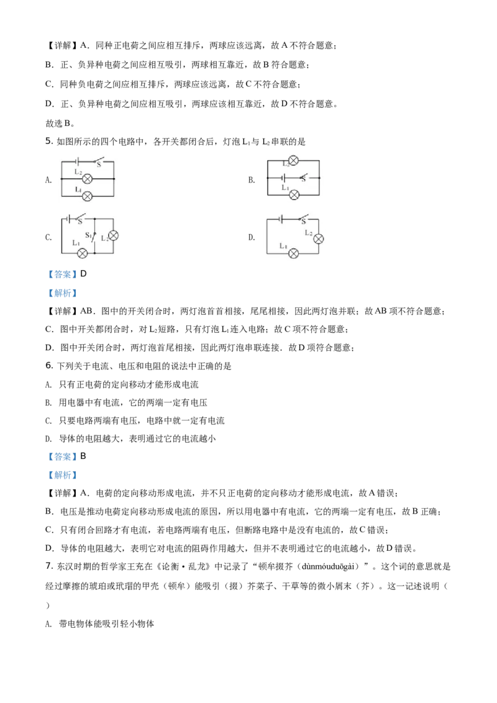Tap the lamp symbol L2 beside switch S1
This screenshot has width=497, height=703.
tap(113, 236)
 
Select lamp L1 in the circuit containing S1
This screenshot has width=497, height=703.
tap(81, 253)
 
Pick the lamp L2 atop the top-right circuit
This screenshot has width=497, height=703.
tap(294, 160)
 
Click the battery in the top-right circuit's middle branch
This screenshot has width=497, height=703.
tap(283, 178)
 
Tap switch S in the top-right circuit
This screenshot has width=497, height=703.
tap(303, 177)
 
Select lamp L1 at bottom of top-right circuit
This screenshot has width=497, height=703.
tap(294, 194)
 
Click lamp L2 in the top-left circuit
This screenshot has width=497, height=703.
tap(88, 178)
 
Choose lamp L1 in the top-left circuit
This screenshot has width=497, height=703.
tap(88, 196)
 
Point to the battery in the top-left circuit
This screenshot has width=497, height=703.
tap(76, 161)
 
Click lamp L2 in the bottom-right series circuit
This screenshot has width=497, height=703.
tap(319, 238)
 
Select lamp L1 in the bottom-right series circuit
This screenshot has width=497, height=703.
tap(294, 253)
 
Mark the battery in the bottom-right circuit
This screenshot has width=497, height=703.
tap(282, 219)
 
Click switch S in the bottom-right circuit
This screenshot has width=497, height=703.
tap(303, 218)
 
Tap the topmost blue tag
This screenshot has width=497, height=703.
tap(62, 276)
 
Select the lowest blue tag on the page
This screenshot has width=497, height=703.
tap(62, 475)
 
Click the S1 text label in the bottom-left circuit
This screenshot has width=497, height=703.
tap(88, 235)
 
